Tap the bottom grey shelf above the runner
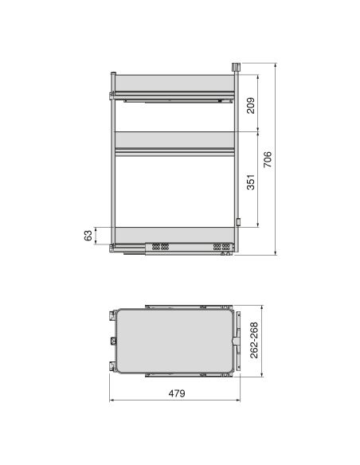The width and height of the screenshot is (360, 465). (x=172, y=234)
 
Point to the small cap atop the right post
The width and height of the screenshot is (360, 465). (x=235, y=65)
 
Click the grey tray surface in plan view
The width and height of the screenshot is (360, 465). (x=170, y=339)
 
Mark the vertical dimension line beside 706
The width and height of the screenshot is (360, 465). (x=276, y=159)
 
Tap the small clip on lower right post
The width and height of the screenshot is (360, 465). (x=237, y=221)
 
